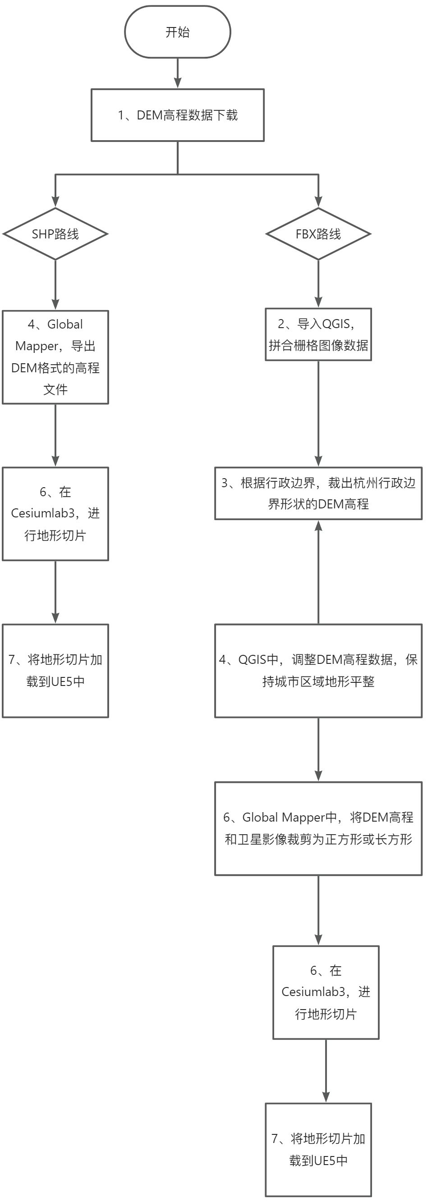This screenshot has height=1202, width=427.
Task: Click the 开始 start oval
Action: (177, 32)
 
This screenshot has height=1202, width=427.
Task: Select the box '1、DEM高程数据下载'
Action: (177, 115)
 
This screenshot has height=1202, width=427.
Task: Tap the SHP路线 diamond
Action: (55, 234)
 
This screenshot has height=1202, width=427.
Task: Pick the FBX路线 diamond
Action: (318, 234)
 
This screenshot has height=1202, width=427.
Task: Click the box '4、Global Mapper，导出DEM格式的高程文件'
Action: (55, 357)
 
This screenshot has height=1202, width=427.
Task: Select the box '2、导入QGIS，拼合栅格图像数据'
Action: (318, 334)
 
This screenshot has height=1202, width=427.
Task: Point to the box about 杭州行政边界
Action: (318, 493)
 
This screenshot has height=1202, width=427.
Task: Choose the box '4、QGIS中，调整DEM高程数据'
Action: (318, 671)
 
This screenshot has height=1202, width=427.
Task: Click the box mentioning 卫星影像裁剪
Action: (318, 828)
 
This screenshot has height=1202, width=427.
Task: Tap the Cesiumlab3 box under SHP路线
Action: (55, 513)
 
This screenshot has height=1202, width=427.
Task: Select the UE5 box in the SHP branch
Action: (55, 671)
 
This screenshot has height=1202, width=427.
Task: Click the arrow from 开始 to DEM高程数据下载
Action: (177, 73)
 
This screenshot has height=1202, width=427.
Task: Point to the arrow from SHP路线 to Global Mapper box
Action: (55, 285)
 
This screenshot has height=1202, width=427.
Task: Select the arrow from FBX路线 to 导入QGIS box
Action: (318, 283)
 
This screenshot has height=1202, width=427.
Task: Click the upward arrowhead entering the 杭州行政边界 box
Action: (318, 526)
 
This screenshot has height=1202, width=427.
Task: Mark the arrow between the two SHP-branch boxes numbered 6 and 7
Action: (55, 592)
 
